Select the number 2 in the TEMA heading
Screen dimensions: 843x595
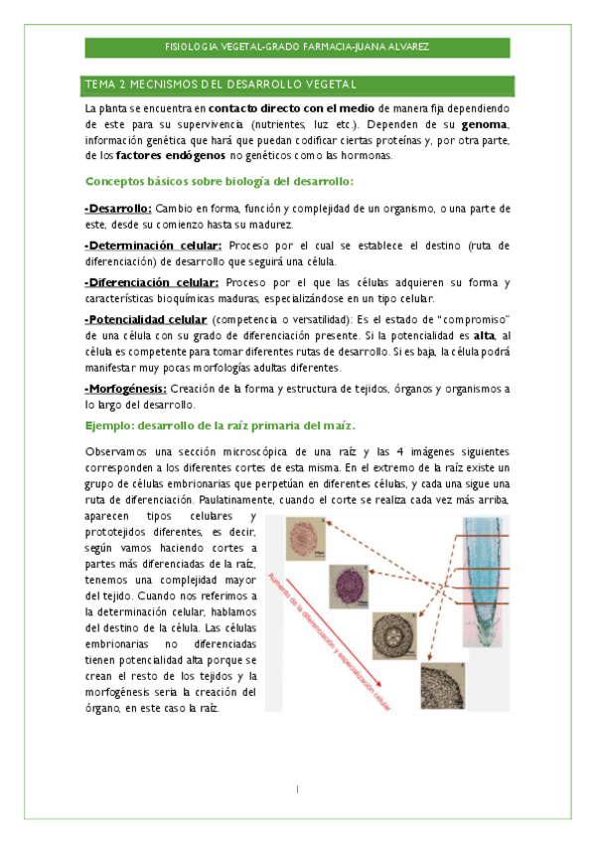(x=124, y=84)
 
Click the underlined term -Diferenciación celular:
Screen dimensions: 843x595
(x=152, y=282)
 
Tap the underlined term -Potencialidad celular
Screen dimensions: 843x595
(x=146, y=319)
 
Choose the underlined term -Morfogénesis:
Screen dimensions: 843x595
(x=126, y=389)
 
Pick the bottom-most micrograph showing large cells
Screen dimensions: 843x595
(x=440, y=687)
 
